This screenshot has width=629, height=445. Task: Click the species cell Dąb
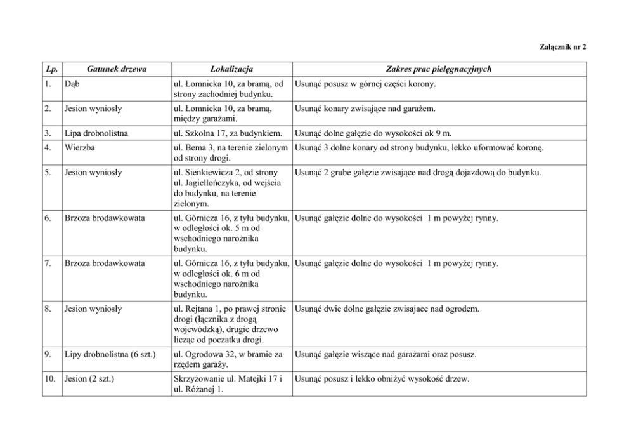pyautogui.click(x=70, y=84)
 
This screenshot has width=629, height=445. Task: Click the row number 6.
pyautogui.click(x=48, y=218)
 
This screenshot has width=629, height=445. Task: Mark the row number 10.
pyautogui.click(x=50, y=379)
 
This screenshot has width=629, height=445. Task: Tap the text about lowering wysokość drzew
pyautogui.click(x=382, y=379)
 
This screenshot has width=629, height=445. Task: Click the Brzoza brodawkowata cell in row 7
pyautogui.click(x=104, y=263)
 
